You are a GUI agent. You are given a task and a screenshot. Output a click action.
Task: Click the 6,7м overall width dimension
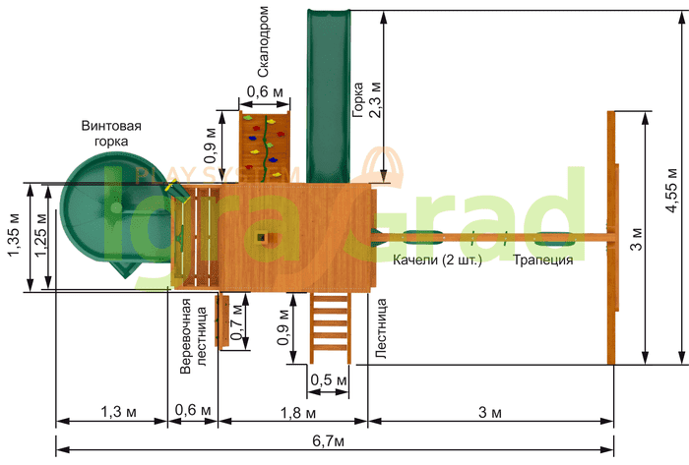pos(328,440)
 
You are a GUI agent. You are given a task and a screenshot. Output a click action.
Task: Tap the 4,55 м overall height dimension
pos(672,190)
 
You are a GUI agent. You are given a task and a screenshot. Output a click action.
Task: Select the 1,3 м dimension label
pos(119,412)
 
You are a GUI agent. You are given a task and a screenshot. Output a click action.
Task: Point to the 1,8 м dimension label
pos(298,412)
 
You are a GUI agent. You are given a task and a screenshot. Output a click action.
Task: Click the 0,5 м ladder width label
pos(329,379)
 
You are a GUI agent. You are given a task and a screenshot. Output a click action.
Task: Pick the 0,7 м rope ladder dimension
pos(237,322)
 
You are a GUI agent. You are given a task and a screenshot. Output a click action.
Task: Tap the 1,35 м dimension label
pos(14,235)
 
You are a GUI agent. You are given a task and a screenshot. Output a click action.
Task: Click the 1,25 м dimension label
pos(40,235)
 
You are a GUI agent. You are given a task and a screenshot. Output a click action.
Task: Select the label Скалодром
pos(263,41)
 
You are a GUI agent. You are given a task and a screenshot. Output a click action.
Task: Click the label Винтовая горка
pos(111,134)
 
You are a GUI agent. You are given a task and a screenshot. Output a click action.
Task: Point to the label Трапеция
pos(543,261)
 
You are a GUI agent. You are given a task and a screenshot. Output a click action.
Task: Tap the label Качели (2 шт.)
pos(437,261)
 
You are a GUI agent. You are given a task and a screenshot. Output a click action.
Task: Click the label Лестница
pos(381,329)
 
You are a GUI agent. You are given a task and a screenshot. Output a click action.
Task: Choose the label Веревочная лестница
pos(193,335)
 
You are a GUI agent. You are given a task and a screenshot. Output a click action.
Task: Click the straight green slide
pos(328,95)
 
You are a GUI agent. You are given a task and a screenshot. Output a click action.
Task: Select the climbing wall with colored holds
pos(265,146)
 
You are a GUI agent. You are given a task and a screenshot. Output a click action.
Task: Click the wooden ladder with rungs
pos(331,327)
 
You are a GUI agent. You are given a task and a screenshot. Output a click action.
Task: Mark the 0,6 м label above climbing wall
pos(265,91)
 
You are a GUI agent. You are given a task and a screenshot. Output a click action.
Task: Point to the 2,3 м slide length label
pos(375,99)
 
